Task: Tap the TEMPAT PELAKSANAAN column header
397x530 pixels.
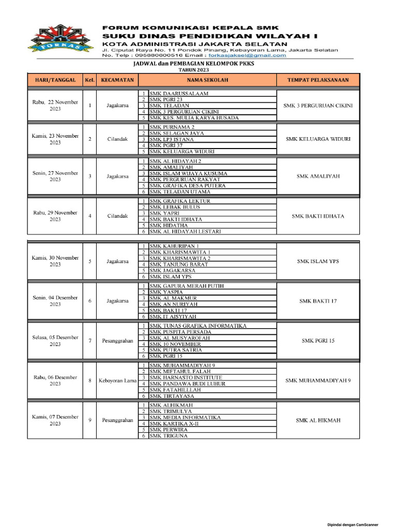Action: click(318, 80)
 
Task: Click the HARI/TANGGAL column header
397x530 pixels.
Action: click(55, 80)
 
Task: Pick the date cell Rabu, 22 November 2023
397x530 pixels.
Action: click(55, 106)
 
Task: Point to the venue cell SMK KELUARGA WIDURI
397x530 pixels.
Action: click(318, 139)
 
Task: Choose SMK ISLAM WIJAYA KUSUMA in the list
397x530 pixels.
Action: click(188, 173)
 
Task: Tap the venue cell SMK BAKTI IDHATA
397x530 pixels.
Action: click(318, 216)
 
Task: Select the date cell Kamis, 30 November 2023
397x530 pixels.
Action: click(55, 261)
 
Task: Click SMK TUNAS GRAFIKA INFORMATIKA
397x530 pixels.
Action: click(197, 326)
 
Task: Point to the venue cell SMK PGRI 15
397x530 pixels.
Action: click(318, 341)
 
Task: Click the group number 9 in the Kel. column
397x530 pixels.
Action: click(90, 420)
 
